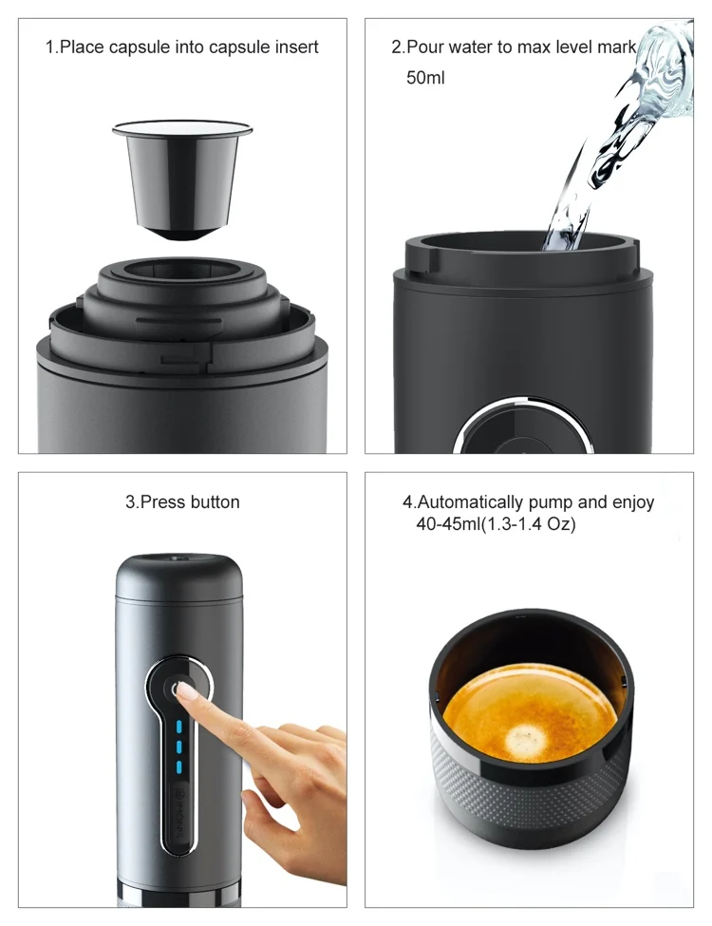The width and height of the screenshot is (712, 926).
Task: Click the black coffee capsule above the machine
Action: coord(181,176)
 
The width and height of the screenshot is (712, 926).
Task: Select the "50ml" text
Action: coord(425,78)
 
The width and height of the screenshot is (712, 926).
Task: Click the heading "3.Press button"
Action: coord(182,501)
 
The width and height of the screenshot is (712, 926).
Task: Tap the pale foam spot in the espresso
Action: coord(525,735)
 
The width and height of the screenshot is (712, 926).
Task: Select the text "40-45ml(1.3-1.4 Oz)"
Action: coord(496,523)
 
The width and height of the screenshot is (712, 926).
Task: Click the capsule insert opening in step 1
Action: coord(181,270)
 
